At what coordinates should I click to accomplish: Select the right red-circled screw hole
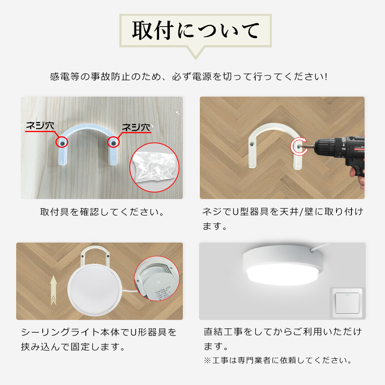click(x=113, y=143)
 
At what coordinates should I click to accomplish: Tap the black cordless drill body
click(x=339, y=148)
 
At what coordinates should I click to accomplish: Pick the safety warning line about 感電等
click(x=189, y=76)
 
